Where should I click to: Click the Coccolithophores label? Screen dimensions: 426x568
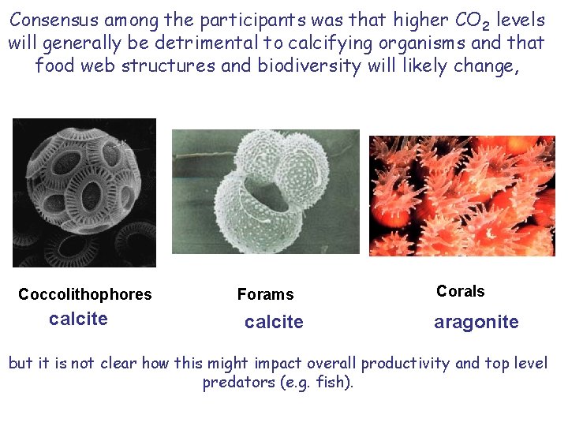click(x=85, y=294)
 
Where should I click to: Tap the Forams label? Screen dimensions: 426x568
click(x=265, y=294)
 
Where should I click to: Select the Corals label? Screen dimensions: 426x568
click(x=461, y=291)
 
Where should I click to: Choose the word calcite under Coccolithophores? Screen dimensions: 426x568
click(x=78, y=319)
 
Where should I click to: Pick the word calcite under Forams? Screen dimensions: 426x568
click(x=274, y=322)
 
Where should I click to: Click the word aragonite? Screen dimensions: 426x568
click(x=476, y=322)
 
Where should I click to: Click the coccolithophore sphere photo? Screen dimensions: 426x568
click(x=84, y=192)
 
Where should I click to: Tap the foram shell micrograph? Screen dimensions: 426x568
click(x=266, y=192)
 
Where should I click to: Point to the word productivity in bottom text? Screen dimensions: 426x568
click(x=405, y=363)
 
